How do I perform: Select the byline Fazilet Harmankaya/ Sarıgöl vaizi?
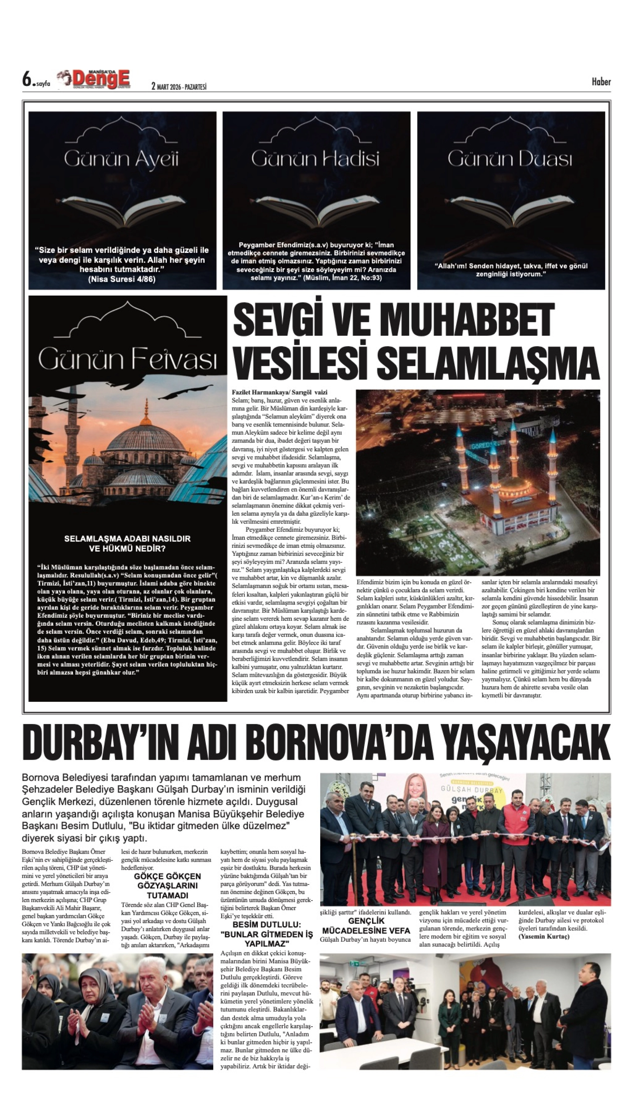pyautogui.click(x=280, y=392)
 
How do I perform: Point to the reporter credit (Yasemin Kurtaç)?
pyautogui.click(x=543, y=937)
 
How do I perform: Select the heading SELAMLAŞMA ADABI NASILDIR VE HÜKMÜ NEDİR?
pyautogui.click(x=127, y=544)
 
